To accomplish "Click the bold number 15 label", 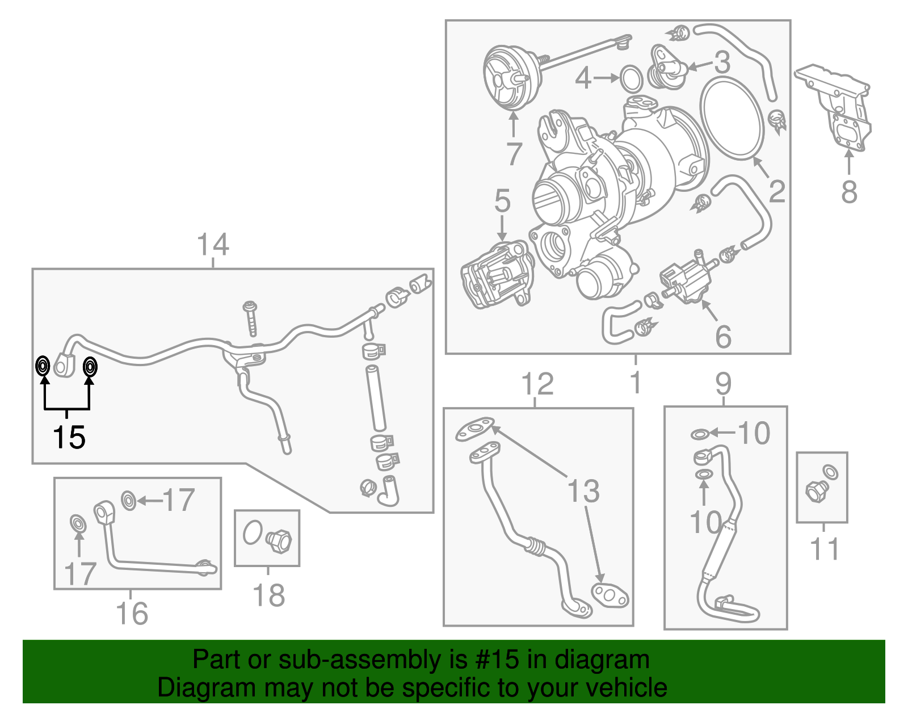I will click(x=69, y=437).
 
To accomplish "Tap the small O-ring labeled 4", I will click(x=631, y=78).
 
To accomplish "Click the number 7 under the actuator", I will click(x=514, y=153).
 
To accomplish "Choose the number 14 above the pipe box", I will click(x=213, y=245).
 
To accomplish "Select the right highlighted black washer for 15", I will click(x=90, y=367).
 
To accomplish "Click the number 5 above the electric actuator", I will click(x=502, y=201).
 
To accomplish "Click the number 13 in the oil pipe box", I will click(x=583, y=491).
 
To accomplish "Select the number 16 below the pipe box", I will click(x=132, y=613).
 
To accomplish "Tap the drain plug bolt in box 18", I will click(x=279, y=540).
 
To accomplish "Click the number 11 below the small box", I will click(x=824, y=549).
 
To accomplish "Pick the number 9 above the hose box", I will click(x=723, y=384).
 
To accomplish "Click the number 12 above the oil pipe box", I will click(x=537, y=384).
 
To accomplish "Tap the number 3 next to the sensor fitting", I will click(x=722, y=62).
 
